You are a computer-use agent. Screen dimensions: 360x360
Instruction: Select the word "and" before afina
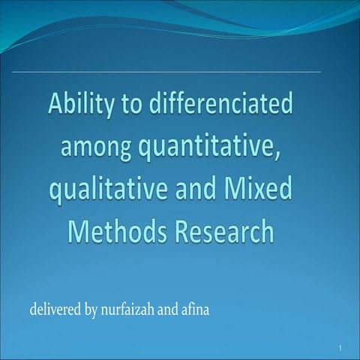tap(167, 309)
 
